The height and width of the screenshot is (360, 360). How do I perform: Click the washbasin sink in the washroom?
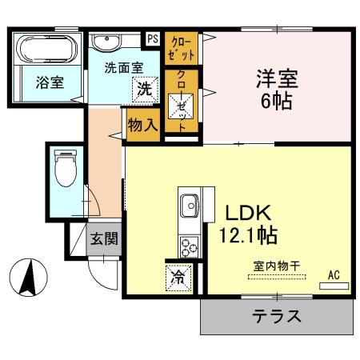106,43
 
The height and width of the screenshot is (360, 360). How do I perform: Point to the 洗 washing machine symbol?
145,89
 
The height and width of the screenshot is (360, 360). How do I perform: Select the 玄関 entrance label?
104,238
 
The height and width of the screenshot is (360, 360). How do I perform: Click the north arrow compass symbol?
30,278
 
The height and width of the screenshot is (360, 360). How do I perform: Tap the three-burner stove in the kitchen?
190,244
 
